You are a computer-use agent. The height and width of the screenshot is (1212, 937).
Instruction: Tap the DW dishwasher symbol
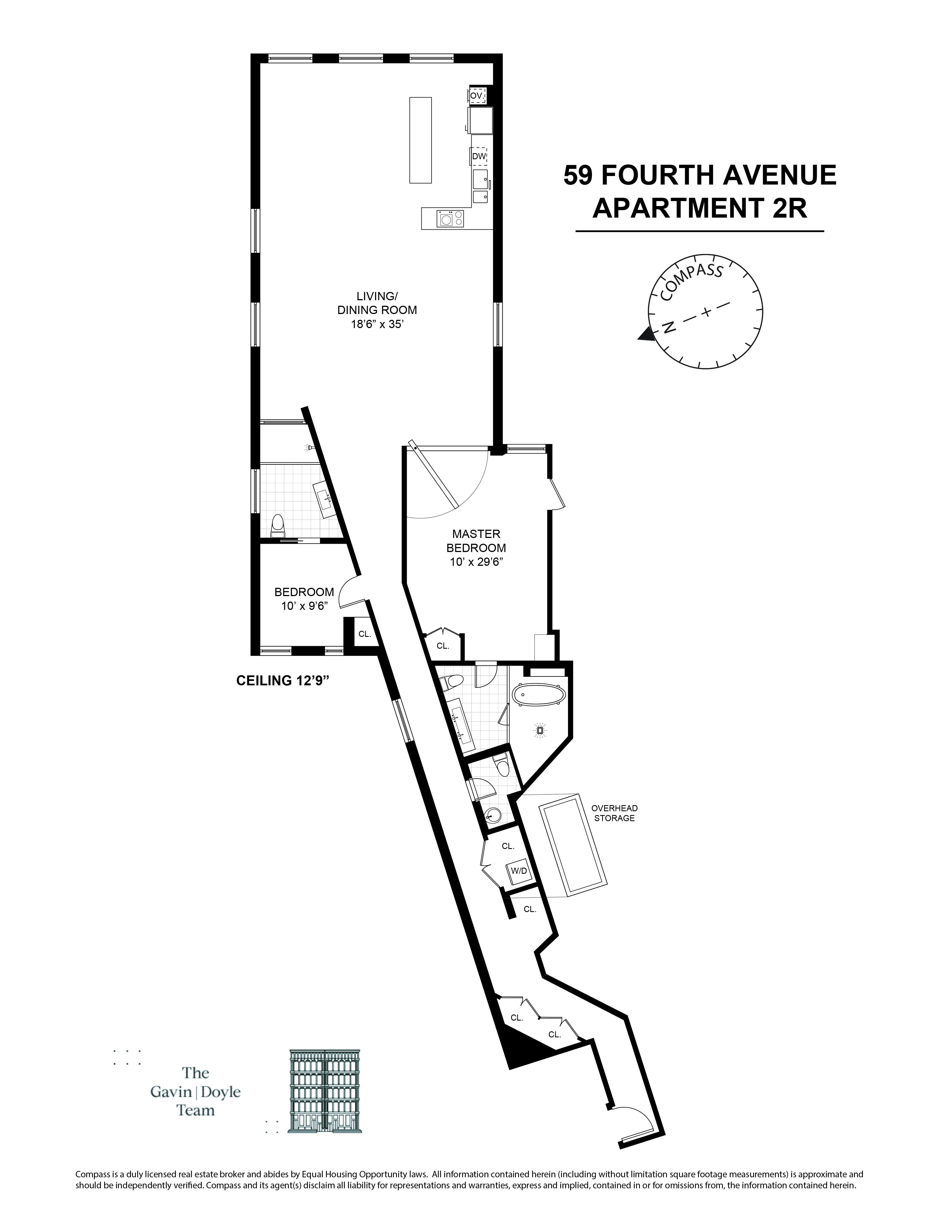478,156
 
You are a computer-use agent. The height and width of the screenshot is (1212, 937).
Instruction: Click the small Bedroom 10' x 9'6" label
304,599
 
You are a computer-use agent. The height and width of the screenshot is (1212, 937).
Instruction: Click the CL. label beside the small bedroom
365,634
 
